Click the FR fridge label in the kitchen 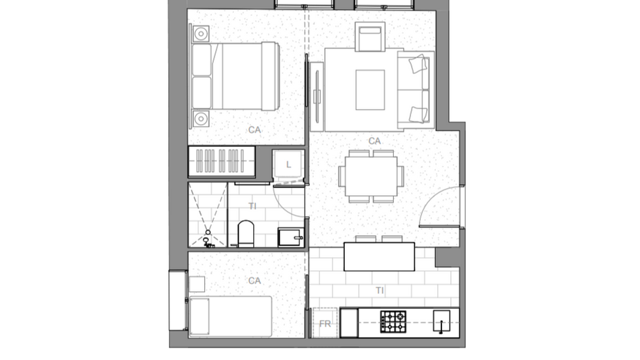click(x=324, y=323)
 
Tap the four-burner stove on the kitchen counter click(x=393, y=320)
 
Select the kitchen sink click(x=441, y=319)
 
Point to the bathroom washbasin click(x=290, y=237)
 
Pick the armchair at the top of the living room click(x=370, y=37)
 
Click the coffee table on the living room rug click(x=370, y=90)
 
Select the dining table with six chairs click(x=370, y=176)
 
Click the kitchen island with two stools click(x=379, y=257)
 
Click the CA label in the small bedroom click(x=254, y=281)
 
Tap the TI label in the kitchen click(x=380, y=290)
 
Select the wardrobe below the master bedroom click(x=221, y=161)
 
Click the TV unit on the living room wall click(x=317, y=95)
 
